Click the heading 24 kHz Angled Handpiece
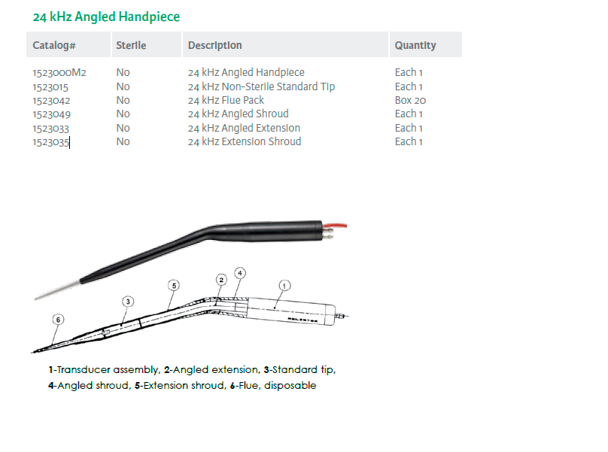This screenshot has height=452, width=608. click(x=106, y=17)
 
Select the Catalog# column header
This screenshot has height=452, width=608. click(x=54, y=45)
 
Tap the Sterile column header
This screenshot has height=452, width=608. click(x=131, y=45)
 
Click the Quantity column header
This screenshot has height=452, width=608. click(x=415, y=45)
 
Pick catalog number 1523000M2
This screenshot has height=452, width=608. click(x=59, y=72)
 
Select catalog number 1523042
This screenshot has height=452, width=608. click(x=51, y=101)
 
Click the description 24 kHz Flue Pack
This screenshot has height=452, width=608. click(x=226, y=100)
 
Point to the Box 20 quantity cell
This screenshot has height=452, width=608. click(x=410, y=100)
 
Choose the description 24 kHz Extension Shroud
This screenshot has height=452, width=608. click(x=245, y=142)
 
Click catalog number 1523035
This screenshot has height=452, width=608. click(x=51, y=142)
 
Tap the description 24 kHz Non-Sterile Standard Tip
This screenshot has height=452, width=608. click(x=261, y=86)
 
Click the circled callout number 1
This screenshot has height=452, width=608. click(x=284, y=286)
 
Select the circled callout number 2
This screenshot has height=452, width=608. click(x=221, y=280)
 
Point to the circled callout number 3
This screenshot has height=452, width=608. click(x=128, y=302)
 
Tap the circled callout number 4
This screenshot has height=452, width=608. click(x=240, y=273)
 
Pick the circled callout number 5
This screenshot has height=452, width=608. click(x=174, y=286)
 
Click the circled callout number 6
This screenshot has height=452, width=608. click(x=58, y=320)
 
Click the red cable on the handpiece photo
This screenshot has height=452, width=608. click(x=335, y=225)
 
